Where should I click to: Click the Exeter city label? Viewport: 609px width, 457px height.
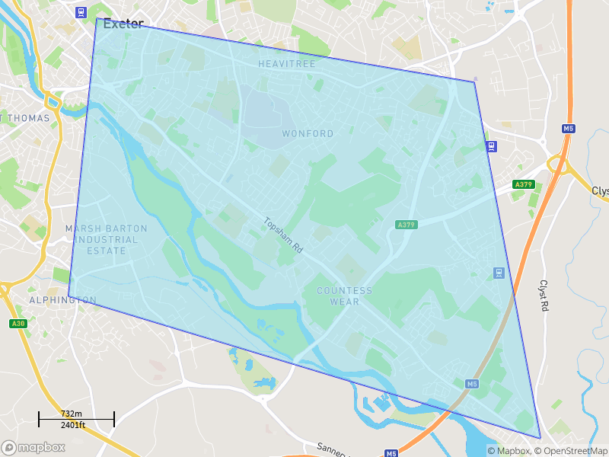point(123,24)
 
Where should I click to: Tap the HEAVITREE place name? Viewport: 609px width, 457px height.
point(286,64)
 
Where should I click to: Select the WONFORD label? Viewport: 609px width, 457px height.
point(308,133)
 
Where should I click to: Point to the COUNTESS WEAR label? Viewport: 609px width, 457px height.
point(345,296)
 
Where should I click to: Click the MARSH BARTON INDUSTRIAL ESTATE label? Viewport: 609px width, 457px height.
point(106,239)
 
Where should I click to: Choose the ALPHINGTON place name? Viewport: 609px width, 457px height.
point(62,300)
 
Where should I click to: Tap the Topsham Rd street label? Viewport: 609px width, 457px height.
point(283,235)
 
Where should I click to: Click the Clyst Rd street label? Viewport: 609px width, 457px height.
point(544,294)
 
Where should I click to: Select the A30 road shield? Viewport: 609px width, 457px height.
point(18,324)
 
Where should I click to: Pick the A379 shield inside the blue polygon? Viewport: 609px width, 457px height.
point(407,225)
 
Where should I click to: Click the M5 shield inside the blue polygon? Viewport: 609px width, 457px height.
point(472,383)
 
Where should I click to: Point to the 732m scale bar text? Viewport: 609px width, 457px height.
point(72,414)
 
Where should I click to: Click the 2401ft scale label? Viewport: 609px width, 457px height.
point(73,425)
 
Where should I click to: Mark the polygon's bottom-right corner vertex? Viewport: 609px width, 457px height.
point(540,438)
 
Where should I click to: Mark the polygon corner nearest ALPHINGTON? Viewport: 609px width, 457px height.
point(69,296)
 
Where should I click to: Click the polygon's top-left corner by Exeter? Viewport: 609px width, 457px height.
point(97,18)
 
